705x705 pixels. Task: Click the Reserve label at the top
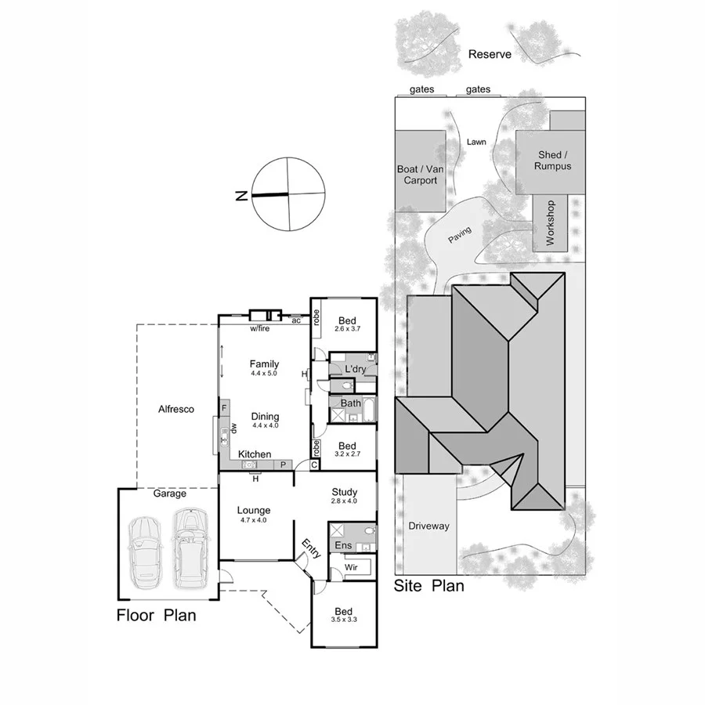[x=490, y=54]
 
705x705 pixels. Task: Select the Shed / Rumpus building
[x=552, y=161]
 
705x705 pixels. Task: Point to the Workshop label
[x=550, y=223]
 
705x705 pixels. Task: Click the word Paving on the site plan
[x=460, y=233]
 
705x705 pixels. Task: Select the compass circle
[x=287, y=193]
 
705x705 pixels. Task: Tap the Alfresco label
[x=176, y=409]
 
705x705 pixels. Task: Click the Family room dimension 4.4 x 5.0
[x=265, y=374]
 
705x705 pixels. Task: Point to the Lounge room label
[x=253, y=511]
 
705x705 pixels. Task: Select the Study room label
[x=344, y=492]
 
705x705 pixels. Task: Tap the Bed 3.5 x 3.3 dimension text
[x=343, y=621]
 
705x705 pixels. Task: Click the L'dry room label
[x=356, y=369]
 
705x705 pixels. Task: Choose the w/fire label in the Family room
[x=260, y=329]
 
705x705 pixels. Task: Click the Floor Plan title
[x=156, y=615]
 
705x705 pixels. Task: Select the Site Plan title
[x=428, y=586]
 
